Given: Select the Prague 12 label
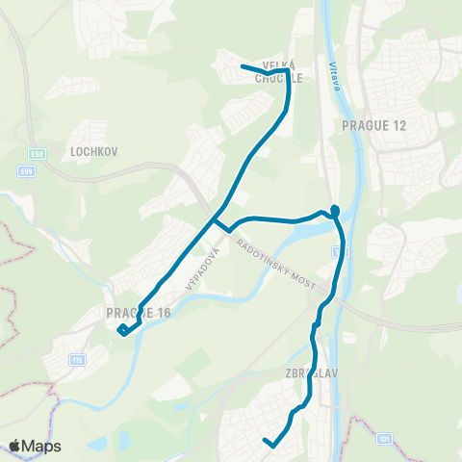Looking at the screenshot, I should (368, 125).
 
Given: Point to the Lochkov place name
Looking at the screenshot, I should (92, 152).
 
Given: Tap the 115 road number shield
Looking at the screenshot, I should (76, 359).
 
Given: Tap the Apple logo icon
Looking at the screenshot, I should (15, 447).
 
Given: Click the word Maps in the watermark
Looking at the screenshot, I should (42, 447).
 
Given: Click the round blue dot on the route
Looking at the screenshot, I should (335, 210).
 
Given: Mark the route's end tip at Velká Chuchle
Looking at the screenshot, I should (242, 66).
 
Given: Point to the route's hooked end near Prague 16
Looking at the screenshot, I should (121, 331).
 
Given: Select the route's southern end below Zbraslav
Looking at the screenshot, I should (265, 441).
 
